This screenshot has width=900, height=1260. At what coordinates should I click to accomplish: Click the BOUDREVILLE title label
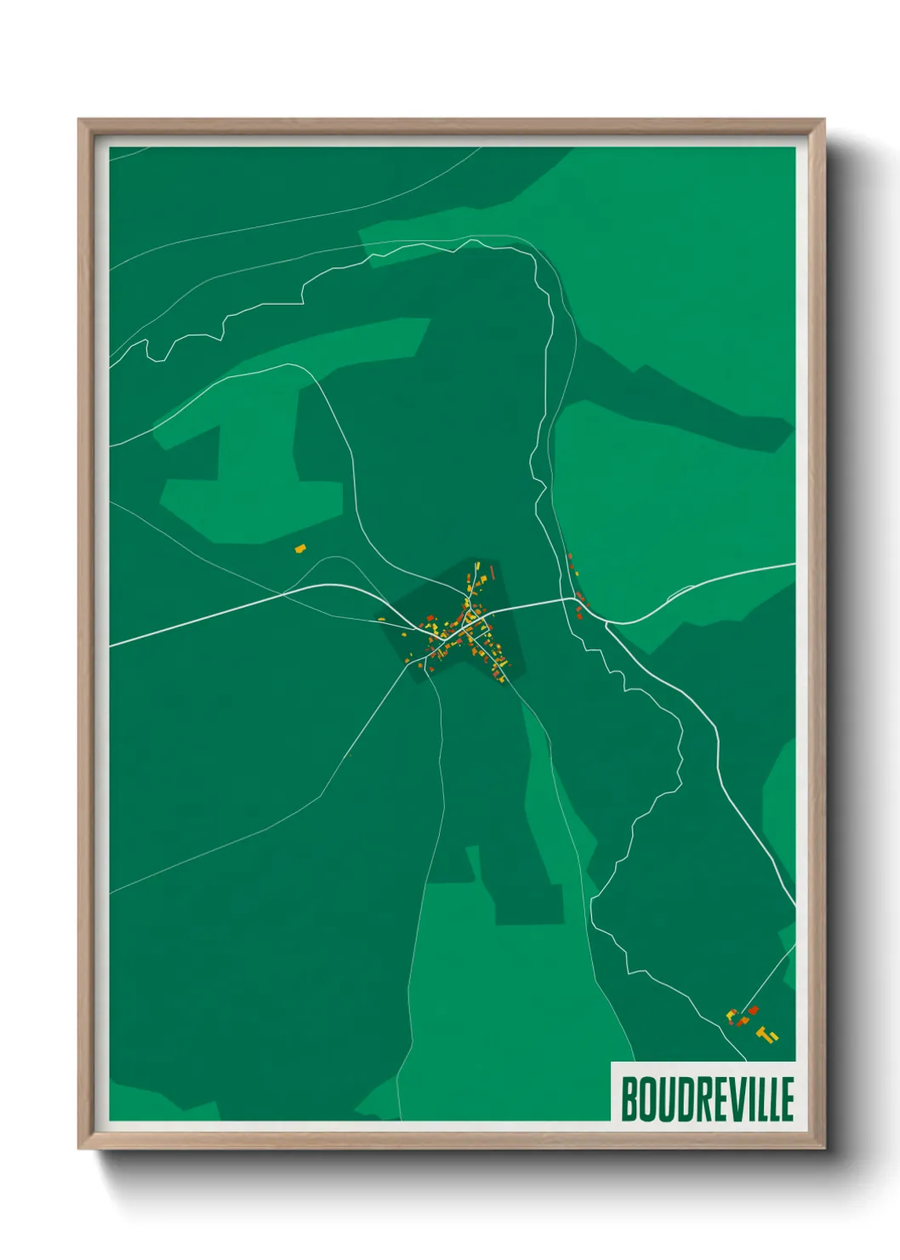(x=707, y=1098)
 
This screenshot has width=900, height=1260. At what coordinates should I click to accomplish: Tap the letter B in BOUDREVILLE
(x=629, y=1099)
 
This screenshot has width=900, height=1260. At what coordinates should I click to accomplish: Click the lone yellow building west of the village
(x=299, y=549)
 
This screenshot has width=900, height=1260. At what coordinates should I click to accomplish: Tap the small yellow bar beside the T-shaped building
(x=774, y=1036)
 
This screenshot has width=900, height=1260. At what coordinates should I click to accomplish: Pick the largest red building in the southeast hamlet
(x=753, y=1011)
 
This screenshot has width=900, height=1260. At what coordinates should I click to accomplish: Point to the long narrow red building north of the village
(x=492, y=572)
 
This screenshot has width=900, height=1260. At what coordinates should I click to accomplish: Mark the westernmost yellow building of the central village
(x=381, y=619)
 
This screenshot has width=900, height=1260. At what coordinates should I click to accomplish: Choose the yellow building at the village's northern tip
(x=476, y=564)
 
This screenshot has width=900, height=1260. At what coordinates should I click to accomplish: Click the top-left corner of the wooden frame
(x=79, y=120)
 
